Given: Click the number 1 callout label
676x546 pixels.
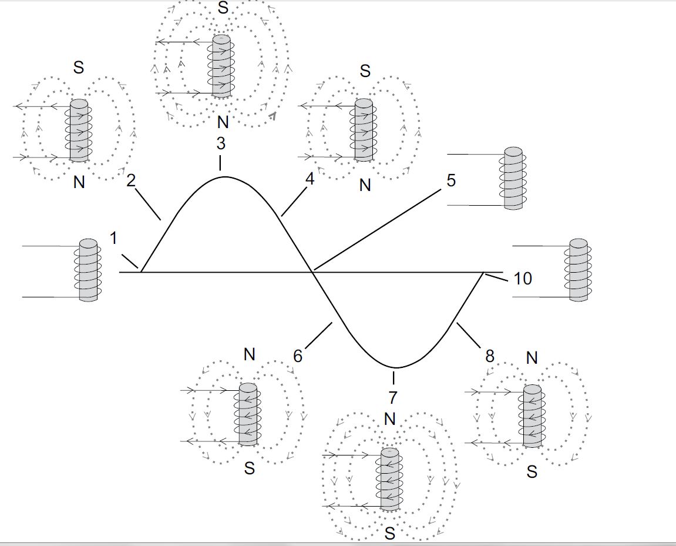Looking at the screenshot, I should [113, 238].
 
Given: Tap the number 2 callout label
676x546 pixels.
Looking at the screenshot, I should [131, 180].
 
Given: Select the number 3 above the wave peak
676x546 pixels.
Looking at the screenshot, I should [221, 143].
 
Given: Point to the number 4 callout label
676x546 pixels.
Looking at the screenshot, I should [310, 179].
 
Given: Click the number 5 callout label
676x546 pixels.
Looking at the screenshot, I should [450, 180].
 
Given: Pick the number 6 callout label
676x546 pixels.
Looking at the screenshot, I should [298, 356].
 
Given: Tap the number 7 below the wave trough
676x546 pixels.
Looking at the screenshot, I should [393, 397].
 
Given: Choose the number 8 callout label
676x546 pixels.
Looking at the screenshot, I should [489, 356].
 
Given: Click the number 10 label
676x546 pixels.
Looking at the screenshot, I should [523, 278].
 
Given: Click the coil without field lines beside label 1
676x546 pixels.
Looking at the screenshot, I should [88, 270].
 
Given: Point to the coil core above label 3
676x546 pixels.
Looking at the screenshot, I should [221, 66].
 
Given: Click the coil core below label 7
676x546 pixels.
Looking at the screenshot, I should [389, 479].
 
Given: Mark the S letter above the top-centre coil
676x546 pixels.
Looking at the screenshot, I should [223, 8].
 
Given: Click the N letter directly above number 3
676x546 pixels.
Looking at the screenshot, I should [223, 123].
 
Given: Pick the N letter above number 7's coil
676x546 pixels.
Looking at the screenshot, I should [389, 418].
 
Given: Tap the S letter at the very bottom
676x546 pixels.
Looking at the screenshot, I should [389, 534].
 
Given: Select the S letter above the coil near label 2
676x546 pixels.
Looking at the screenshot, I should [78, 68].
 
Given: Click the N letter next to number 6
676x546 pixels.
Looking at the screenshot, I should [250, 354].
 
